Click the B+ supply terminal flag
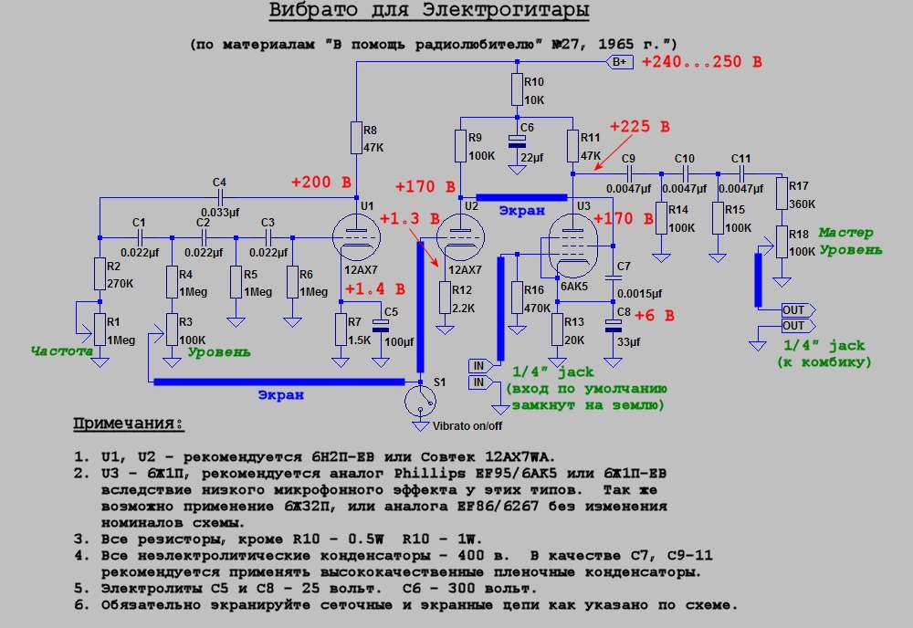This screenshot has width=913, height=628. click(x=620, y=62)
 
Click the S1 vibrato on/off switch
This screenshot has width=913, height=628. click(x=420, y=400)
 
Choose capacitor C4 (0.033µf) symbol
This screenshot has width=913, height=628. click(x=218, y=197)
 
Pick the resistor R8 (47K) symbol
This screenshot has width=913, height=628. click(x=356, y=139)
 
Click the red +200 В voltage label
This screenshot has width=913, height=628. click(x=320, y=183)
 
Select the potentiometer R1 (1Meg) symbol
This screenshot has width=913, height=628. click(x=99, y=327)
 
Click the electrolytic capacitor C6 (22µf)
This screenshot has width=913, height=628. click(x=518, y=141)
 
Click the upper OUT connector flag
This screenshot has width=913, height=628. click(x=793, y=310)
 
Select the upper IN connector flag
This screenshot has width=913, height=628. click(x=480, y=365)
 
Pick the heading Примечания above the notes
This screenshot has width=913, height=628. click(x=125, y=424)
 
